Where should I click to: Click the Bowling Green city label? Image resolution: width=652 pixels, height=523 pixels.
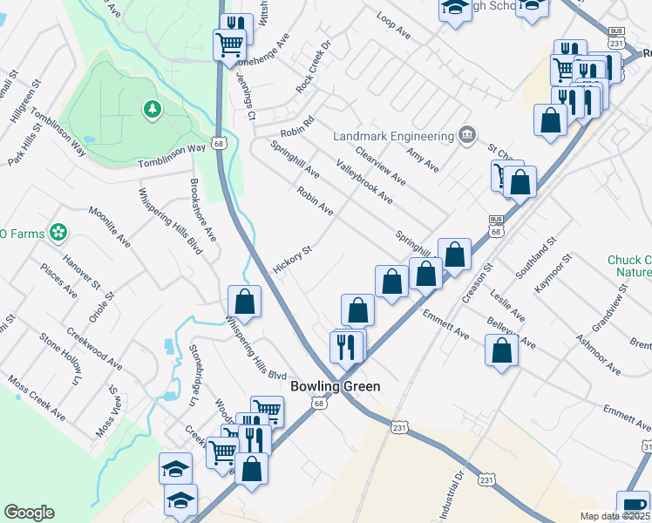pos(336,385)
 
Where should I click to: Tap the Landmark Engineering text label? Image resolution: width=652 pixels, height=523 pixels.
pos(394,136)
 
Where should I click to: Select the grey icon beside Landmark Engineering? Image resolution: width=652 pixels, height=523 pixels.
pos(467,135)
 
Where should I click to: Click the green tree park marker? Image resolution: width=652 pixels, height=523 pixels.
pos(153,109)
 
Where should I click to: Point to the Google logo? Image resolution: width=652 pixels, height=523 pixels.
pos(29,513)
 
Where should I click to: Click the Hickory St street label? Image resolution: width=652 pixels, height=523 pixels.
pos(292,259)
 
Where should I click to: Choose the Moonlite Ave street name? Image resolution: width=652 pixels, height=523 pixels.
pos(109,228)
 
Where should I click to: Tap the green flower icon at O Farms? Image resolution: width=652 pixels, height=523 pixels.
pos(58,232)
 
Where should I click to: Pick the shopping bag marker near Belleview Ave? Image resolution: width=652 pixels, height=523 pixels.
pos(501,350)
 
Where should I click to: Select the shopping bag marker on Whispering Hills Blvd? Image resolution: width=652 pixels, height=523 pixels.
pos(245,302)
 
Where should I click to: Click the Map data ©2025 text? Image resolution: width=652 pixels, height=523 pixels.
pos(615,516)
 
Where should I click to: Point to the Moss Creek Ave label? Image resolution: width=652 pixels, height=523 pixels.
pos(35,396)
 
